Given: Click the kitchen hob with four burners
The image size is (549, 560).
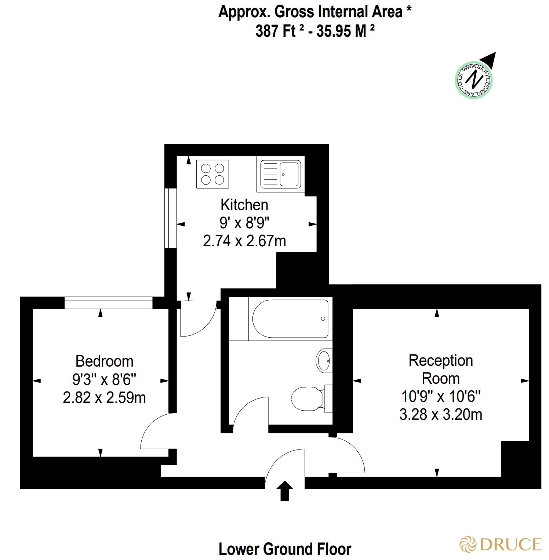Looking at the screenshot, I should tap(212, 174).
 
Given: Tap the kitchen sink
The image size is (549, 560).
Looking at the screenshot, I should tap(281, 174).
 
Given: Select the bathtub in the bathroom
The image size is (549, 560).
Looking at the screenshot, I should tap(290, 319).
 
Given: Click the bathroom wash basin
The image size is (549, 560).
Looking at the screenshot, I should tap(324, 360).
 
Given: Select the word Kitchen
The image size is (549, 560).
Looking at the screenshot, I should tap(244, 205).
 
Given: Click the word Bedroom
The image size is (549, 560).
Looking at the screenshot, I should tap(104, 361).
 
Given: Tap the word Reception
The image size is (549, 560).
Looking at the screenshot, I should tap(441, 360).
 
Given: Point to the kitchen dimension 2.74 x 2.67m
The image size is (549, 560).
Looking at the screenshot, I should tap(244, 241).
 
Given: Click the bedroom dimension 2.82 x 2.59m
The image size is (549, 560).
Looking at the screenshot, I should tap(104, 397).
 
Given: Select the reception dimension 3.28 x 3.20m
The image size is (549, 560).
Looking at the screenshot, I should tap(441, 415).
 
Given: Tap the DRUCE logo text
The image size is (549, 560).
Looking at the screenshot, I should tap(510, 544).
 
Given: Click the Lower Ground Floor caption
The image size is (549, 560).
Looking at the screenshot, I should tap(285, 549).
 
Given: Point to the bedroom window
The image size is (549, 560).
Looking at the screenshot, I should tap(108, 303).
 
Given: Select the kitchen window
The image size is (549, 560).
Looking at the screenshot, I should tap(171, 218).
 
